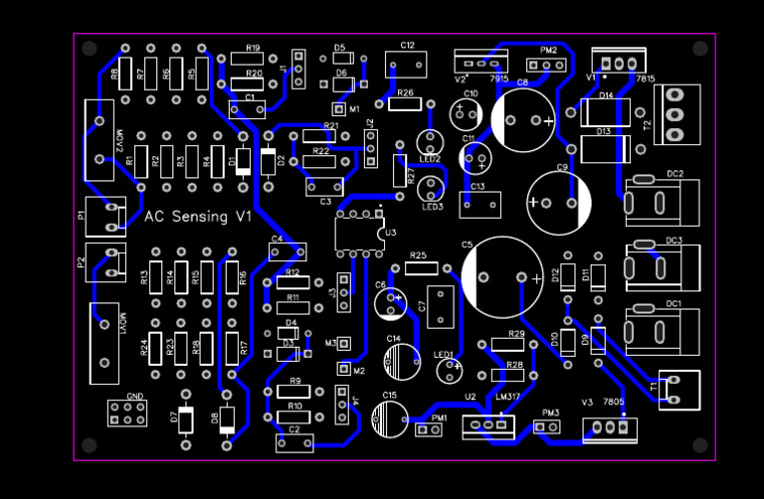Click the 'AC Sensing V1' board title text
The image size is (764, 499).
pyautogui.click(x=199, y=217)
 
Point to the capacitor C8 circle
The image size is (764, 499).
pyautogui.click(x=523, y=119)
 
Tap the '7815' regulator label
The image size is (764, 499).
pyautogui.click(x=645, y=78)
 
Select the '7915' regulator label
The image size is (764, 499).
pyautogui.click(x=499, y=78)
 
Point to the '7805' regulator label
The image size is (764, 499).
pyautogui.click(x=613, y=403)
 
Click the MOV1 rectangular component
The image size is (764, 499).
pyautogui.click(x=103, y=343)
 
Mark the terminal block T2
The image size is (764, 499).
pyautogui.click(x=676, y=114)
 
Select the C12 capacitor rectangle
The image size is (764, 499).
pyautogui.click(x=406, y=65)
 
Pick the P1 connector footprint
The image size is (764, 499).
pyautogui.click(x=105, y=215)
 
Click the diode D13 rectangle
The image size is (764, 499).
pyautogui.click(x=605, y=149)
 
